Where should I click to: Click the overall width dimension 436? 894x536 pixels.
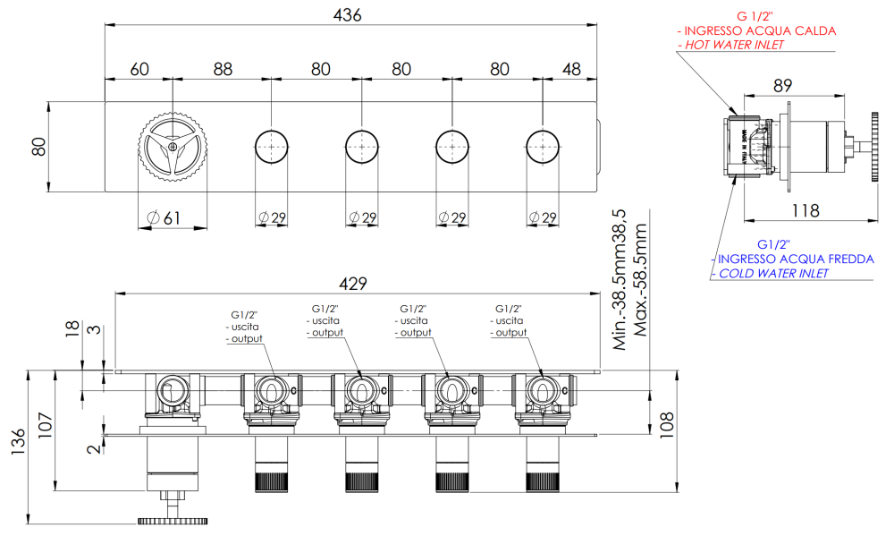click(x=347, y=15)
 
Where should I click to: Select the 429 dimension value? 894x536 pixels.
click(x=353, y=284)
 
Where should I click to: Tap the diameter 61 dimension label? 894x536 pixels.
click(x=164, y=217)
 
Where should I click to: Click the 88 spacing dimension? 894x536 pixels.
click(x=223, y=69)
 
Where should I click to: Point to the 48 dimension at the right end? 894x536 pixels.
click(x=571, y=69)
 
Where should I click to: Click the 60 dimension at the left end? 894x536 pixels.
click(x=139, y=69)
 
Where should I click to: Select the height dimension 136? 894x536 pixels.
click(x=18, y=442)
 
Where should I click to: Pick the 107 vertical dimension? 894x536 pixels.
click(x=45, y=425)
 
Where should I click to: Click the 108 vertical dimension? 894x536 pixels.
click(x=667, y=425)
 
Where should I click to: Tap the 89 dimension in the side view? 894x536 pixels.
click(x=782, y=86)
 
